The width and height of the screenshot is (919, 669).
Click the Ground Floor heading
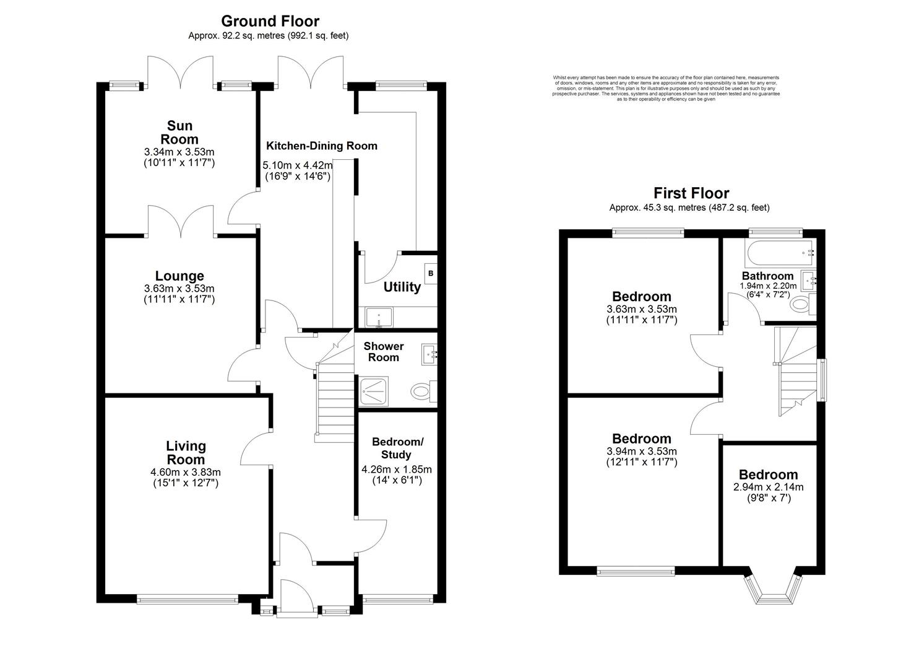pos(270,22)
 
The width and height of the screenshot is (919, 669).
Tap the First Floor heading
pos(691,193)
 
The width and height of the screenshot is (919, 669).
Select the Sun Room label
pos(179,133)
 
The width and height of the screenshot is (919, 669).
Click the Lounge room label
pos(179,276)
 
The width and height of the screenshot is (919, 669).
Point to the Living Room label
pos(186,452)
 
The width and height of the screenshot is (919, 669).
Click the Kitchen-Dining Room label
pos(321,146)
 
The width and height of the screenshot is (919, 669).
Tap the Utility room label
pos(402,287)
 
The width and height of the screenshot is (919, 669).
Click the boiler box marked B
pos(431,273)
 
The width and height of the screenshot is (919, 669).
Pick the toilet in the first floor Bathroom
pos(803,304)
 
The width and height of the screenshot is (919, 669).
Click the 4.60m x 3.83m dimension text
pos(186,472)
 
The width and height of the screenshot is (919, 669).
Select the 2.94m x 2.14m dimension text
pos(768,487)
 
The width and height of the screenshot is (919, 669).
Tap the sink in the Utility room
pos(377,317)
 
